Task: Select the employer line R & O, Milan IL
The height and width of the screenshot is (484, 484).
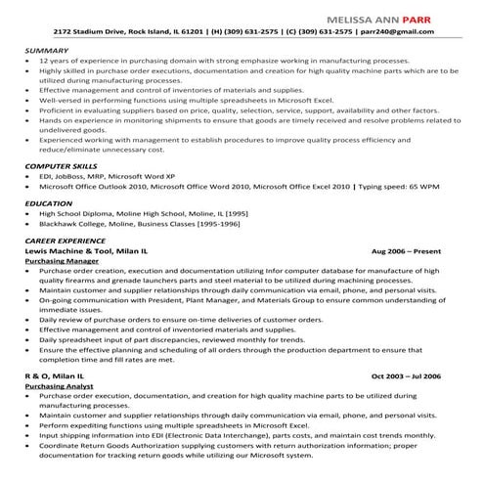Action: coord(55,375)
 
